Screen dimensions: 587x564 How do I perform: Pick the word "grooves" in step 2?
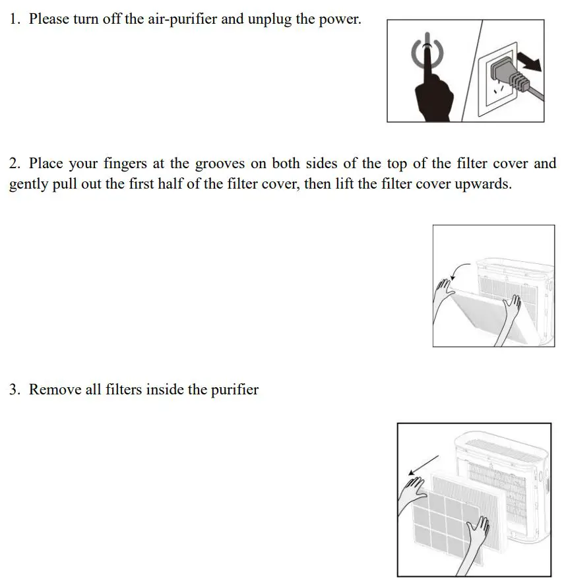[221, 164]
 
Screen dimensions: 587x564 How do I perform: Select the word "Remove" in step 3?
[55, 390]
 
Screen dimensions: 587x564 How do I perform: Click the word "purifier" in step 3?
[234, 390]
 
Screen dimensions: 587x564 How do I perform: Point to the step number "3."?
[15, 390]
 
